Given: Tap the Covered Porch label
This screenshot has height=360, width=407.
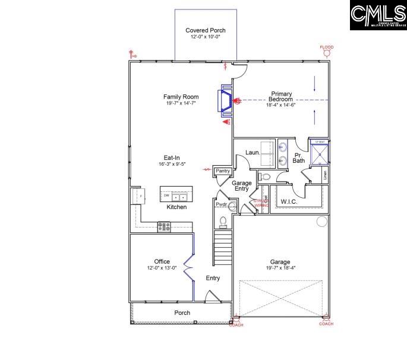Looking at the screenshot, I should pyautogui.click(x=206, y=30).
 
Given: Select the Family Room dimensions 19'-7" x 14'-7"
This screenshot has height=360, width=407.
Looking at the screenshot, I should pyautogui.click(x=181, y=103).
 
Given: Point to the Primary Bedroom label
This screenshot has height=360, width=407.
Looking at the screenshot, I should pyautogui.click(x=281, y=96).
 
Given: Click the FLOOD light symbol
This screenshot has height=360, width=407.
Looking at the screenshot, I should pyautogui.click(x=326, y=53).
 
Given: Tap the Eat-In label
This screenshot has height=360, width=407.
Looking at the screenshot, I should pyautogui.click(x=172, y=157).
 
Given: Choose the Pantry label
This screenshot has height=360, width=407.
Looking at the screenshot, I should pyautogui.click(x=223, y=171).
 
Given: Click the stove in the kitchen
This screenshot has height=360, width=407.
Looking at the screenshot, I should pyautogui.click(x=164, y=226).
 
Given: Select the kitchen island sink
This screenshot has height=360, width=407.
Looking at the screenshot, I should pyautogui.click(x=179, y=195).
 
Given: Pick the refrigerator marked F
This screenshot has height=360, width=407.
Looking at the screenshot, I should pyautogui.click(x=138, y=195).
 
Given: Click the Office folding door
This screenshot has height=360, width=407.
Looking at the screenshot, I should pyautogui.click(x=189, y=267).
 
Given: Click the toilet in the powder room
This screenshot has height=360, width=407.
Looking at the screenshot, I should pyautogui.click(x=223, y=222).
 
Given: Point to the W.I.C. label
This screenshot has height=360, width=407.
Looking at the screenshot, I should pyautogui.click(x=289, y=202).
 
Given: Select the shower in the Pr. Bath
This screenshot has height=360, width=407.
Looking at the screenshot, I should pyautogui.click(x=320, y=153).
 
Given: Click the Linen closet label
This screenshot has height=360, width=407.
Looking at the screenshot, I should pyautogui.click(x=325, y=176).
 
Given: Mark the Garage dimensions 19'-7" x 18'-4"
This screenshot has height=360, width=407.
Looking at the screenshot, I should pyautogui.click(x=280, y=268).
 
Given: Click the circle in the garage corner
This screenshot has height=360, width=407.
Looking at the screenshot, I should pyautogui.click(x=321, y=222).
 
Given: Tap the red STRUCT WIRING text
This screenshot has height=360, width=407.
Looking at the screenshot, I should pyautogui.click(x=261, y=203).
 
